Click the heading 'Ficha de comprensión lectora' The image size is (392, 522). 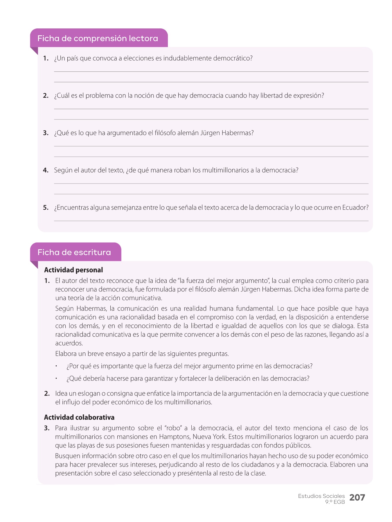point(98,38)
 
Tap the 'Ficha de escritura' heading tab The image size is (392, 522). point(74,252)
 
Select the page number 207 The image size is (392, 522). point(357,498)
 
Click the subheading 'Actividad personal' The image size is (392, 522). point(73,270)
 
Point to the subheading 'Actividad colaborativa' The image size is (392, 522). point(79,417)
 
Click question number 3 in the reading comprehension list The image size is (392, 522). point(45,133)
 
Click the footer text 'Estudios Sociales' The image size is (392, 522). point(321,496)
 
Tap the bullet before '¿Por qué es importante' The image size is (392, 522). point(57,366)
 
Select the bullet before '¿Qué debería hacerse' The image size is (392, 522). point(57,379)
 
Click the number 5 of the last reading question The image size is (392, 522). point(45,208)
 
